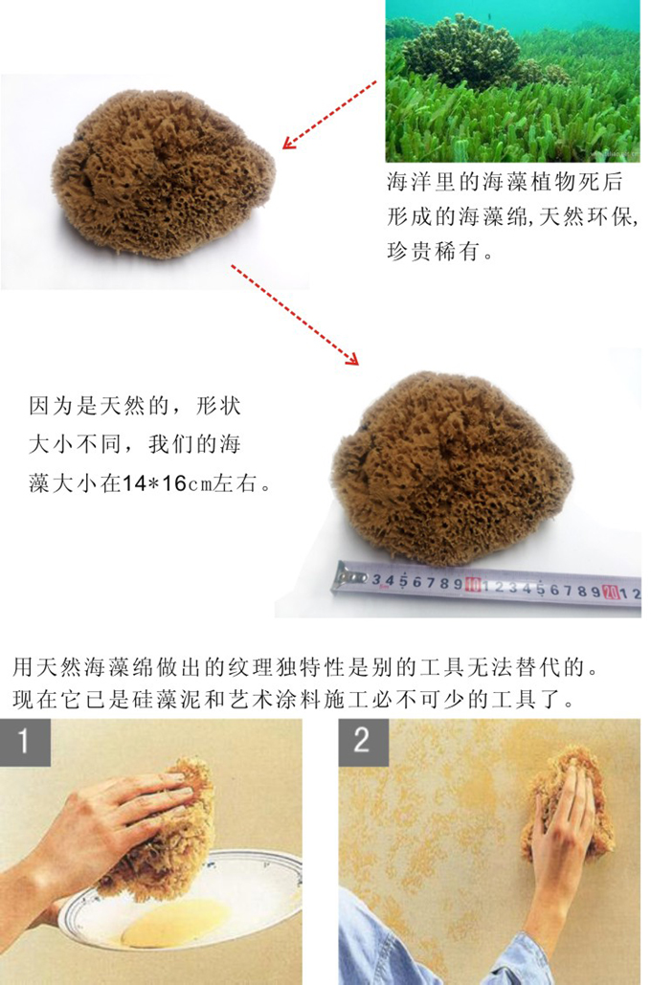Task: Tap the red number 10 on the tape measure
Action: tap(472, 583)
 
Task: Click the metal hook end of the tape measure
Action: tap(349, 577)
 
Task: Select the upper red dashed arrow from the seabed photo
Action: tap(329, 115)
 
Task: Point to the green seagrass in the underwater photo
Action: tap(536, 124)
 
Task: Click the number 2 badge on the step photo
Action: tap(361, 742)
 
